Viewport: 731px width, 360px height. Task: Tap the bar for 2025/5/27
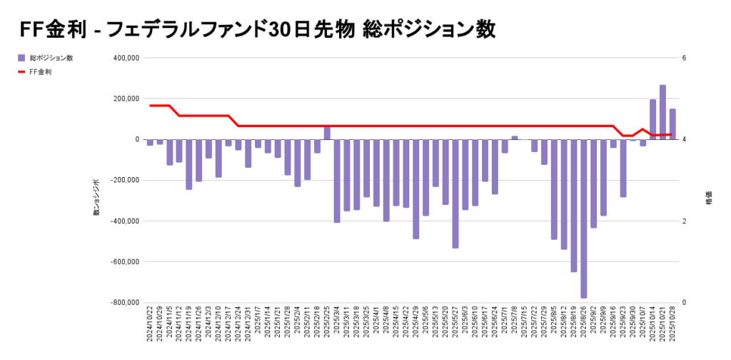(x=455, y=194)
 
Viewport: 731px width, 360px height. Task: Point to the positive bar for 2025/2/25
(x=327, y=133)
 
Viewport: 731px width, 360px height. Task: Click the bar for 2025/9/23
(x=623, y=168)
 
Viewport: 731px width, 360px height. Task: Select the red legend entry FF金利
(x=39, y=72)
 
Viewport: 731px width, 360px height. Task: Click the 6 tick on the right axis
(x=684, y=58)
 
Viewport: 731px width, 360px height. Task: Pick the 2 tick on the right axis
(x=684, y=221)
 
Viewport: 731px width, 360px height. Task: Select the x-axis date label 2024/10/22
(x=150, y=325)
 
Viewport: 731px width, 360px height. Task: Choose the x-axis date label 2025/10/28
(x=672, y=325)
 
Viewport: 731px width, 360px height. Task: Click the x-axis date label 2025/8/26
(x=584, y=325)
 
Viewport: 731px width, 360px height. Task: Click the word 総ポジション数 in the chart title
(x=428, y=29)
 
